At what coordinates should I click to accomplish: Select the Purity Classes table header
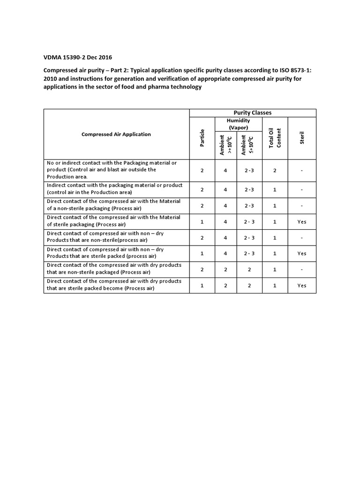pos(252,113)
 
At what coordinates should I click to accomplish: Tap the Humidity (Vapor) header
pos(239,124)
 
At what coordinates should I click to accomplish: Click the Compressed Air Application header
pos(116,134)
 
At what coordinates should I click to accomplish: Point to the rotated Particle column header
pos(202,138)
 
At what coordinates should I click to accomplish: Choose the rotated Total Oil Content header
pos(275,138)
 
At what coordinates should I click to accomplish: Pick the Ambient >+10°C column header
pos(225,144)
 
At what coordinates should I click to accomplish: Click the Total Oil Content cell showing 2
pos(275,170)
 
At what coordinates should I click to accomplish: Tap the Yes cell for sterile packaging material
pos(302,222)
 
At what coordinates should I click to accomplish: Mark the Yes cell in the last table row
pos(302,285)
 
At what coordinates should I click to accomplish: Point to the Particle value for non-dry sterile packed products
pos(202,254)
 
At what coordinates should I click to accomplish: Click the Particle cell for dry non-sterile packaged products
pos(202,270)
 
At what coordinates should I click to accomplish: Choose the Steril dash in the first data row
pos(302,170)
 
